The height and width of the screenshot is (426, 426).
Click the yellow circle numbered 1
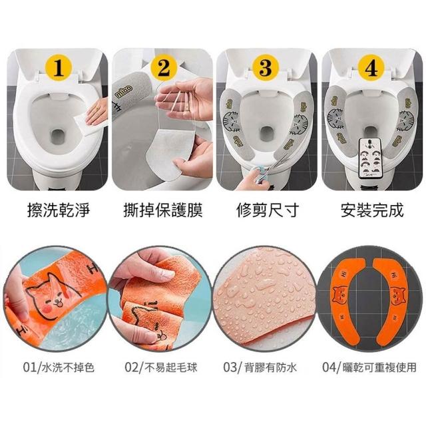click(59, 68)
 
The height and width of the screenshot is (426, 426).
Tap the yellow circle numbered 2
click(163, 68)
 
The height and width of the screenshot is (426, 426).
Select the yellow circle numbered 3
click(266, 68)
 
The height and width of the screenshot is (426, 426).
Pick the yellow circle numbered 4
click(371, 68)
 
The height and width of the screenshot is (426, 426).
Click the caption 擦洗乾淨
click(59, 210)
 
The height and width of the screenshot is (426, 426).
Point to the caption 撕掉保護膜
click(163, 210)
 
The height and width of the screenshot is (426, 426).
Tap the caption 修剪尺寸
click(268, 210)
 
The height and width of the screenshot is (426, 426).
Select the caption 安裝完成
click(372, 210)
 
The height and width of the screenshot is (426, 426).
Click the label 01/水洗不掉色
click(59, 368)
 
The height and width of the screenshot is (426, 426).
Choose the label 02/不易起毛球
click(161, 368)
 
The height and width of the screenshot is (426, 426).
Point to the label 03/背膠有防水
click(260, 368)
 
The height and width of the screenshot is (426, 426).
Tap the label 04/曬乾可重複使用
click(369, 368)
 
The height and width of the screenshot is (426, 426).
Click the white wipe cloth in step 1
click(89, 124)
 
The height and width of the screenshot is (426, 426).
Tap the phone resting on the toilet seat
click(370, 158)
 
